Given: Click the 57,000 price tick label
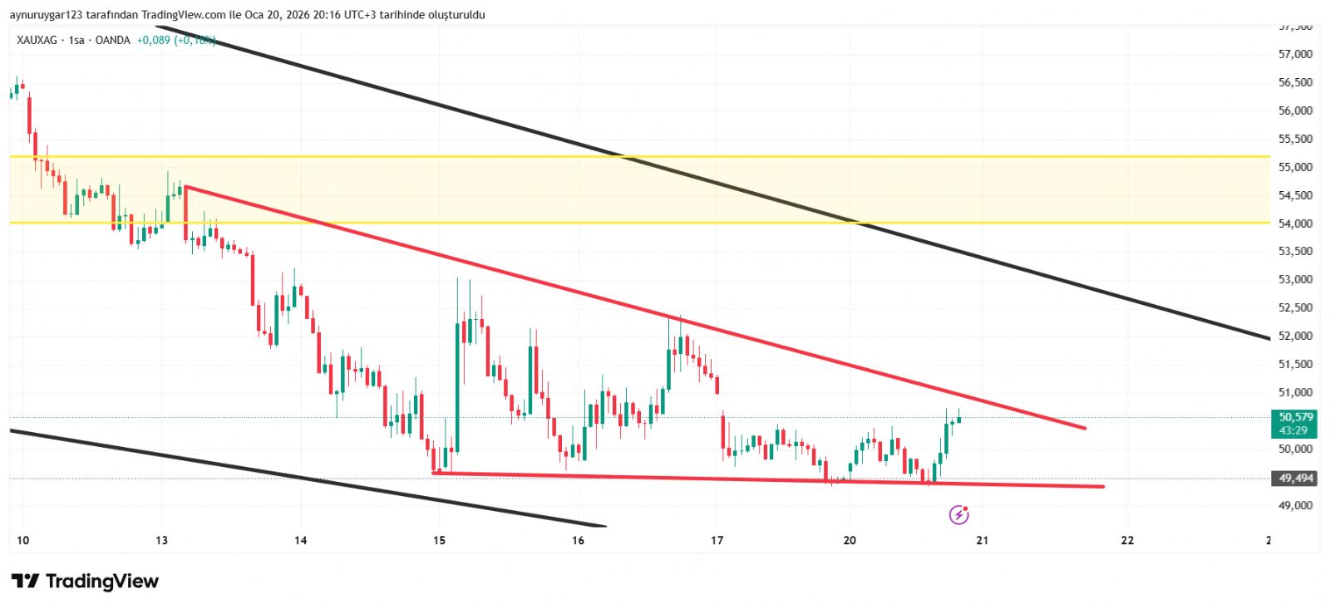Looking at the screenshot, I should pyautogui.click(x=1295, y=55).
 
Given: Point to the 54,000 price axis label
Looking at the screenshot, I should pyautogui.click(x=1295, y=223).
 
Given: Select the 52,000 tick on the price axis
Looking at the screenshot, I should pyautogui.click(x=1295, y=336).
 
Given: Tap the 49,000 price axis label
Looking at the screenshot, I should pyautogui.click(x=1295, y=505).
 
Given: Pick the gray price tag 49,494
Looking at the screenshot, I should pyautogui.click(x=1295, y=479).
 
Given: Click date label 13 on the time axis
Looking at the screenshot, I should pyautogui.click(x=161, y=541).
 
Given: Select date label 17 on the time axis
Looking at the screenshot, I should pyautogui.click(x=717, y=541).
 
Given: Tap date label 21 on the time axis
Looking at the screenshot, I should pyautogui.click(x=983, y=541).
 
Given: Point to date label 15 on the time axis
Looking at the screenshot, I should pyautogui.click(x=439, y=541).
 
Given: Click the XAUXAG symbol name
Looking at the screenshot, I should pyautogui.click(x=37, y=40).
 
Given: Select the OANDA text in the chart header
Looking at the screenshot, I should pyautogui.click(x=113, y=40).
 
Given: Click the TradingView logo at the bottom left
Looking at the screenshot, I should pyautogui.click(x=85, y=581).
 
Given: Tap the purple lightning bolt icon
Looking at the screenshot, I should pyautogui.click(x=958, y=515).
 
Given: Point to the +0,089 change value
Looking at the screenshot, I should pyautogui.click(x=153, y=40).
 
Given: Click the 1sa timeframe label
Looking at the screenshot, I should pyautogui.click(x=76, y=40).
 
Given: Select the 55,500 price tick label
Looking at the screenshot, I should pyautogui.click(x=1295, y=139).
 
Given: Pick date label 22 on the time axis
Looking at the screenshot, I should pyautogui.click(x=1127, y=541).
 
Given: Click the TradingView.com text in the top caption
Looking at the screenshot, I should pyautogui.click(x=183, y=15).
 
